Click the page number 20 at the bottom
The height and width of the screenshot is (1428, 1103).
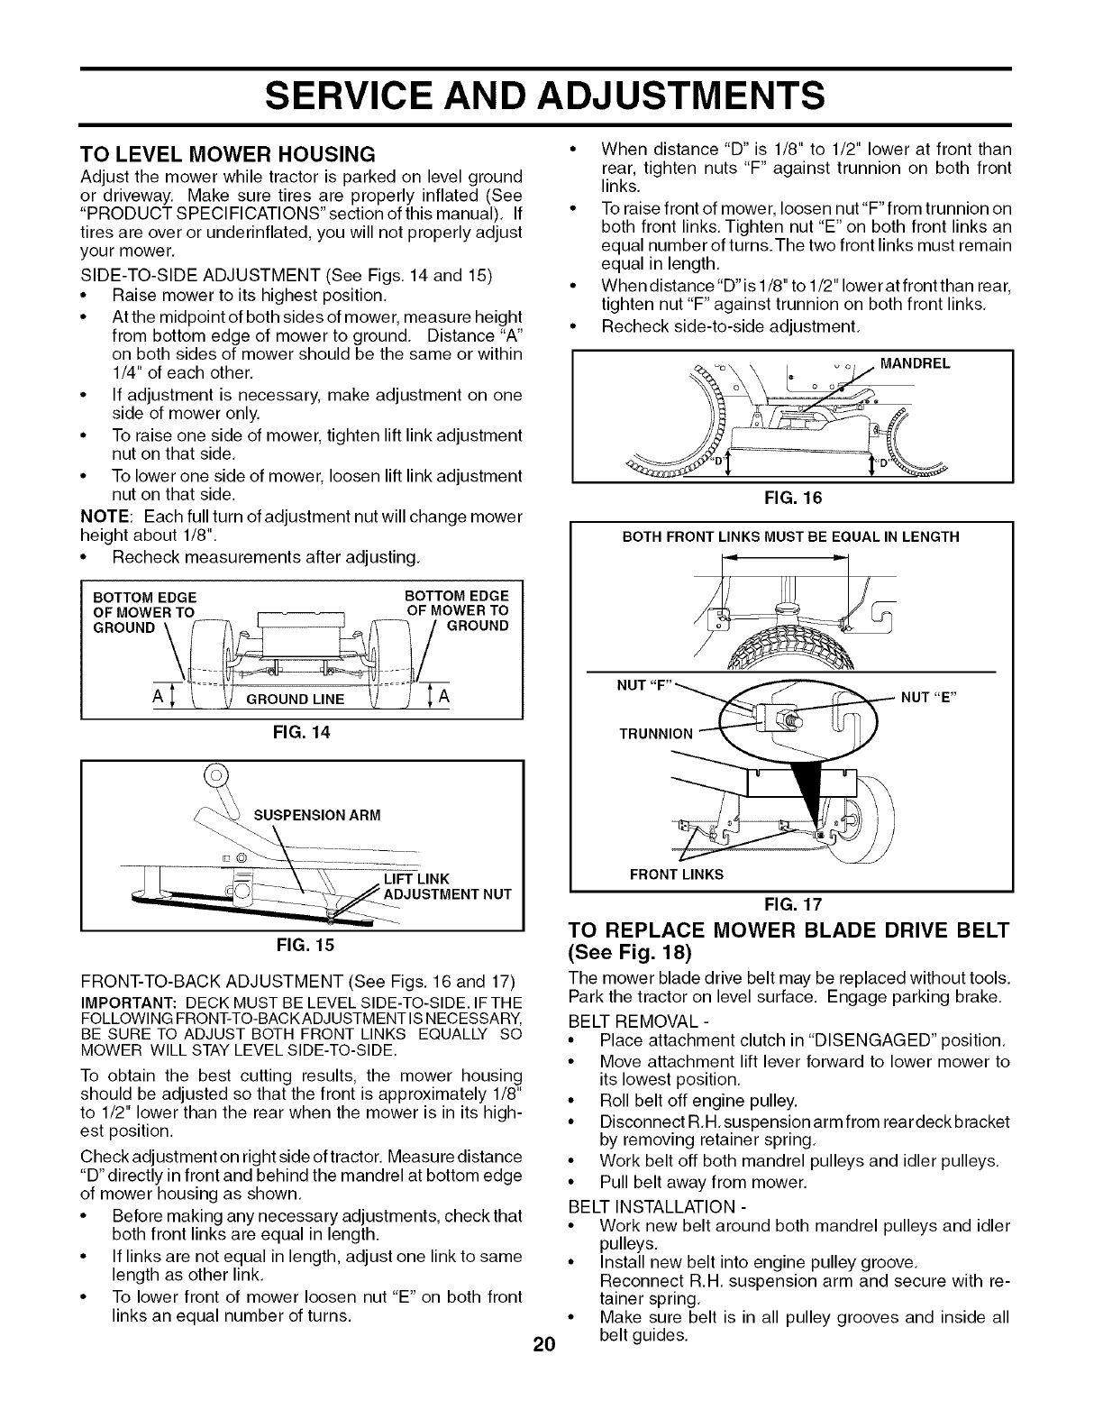pyautogui.click(x=541, y=1347)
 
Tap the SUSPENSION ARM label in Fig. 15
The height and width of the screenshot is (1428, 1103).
pyautogui.click(x=318, y=815)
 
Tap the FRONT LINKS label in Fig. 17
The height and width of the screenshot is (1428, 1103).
pyautogui.click(x=675, y=874)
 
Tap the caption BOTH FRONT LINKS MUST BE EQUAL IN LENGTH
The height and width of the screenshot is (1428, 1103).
pyautogui.click(x=791, y=537)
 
